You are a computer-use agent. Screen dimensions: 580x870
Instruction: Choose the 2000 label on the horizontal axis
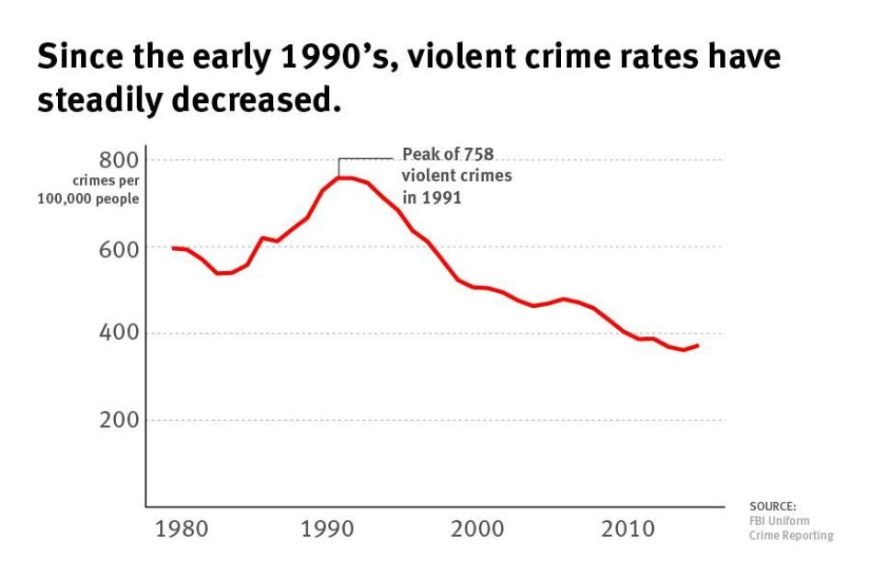[x=476, y=530]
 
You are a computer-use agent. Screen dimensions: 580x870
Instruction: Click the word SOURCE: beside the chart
[x=773, y=506]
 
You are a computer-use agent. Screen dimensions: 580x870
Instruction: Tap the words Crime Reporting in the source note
[x=792, y=535]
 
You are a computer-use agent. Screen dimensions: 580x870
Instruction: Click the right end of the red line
[x=699, y=346]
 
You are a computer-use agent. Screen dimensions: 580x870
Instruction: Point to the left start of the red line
[x=172, y=248]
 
